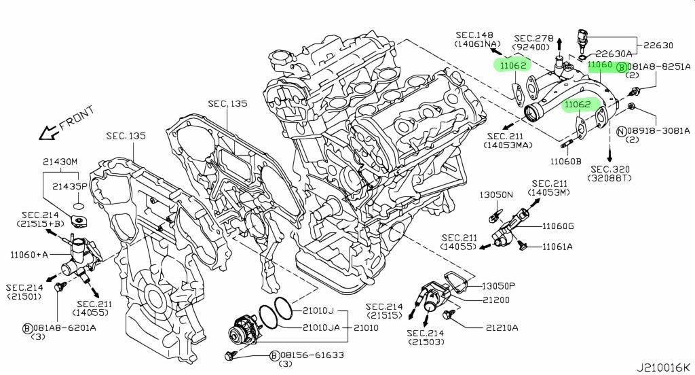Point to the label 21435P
click(70, 185)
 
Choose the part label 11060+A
click(29, 255)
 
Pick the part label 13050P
click(499, 285)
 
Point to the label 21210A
click(502, 327)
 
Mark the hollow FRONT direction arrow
click(49, 132)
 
